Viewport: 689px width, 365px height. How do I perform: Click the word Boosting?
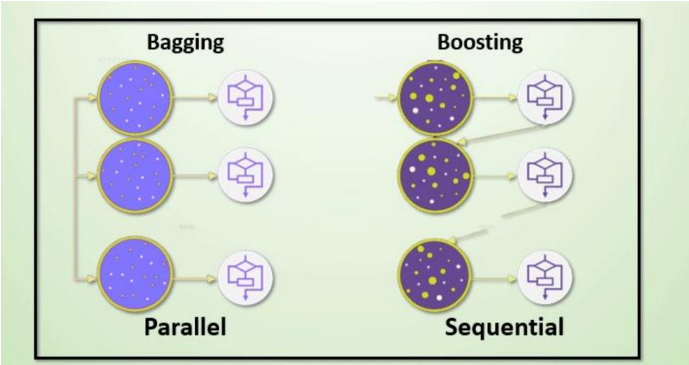pos(480,42)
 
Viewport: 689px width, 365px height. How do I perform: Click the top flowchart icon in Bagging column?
pos(245,97)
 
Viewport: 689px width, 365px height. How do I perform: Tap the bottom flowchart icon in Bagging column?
pos(245,277)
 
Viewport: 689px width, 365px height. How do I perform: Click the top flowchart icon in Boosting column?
pos(545,97)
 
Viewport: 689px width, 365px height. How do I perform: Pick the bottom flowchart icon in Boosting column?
pos(545,277)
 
